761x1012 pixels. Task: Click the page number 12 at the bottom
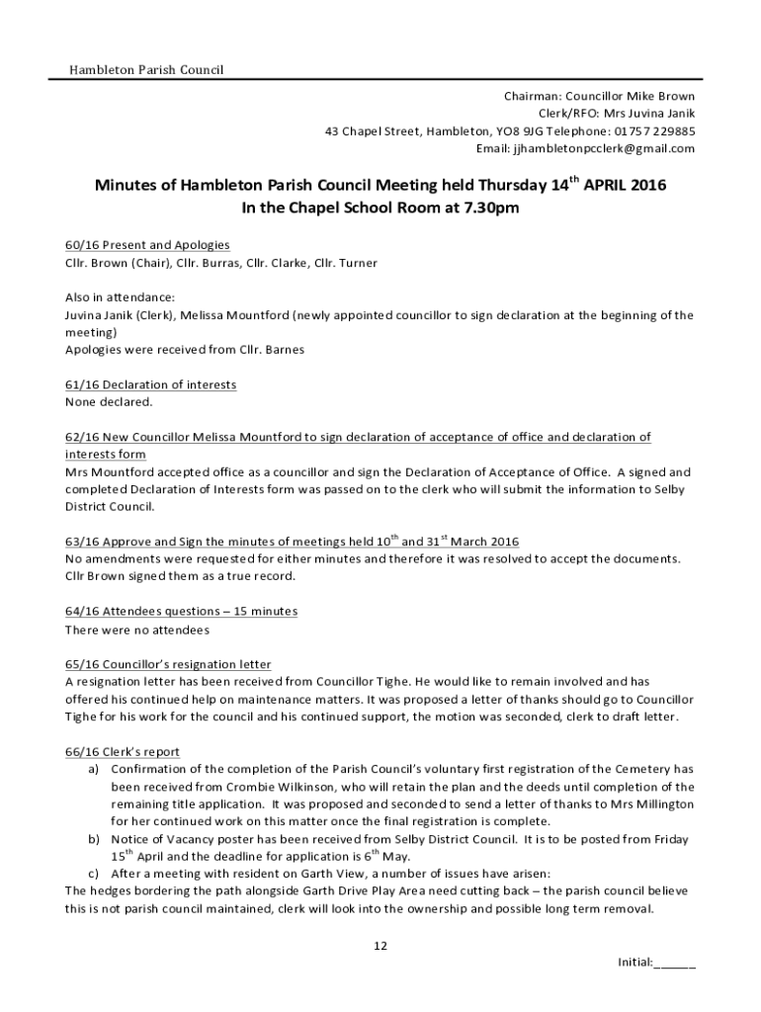[380, 946]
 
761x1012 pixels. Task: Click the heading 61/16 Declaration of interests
[150, 384]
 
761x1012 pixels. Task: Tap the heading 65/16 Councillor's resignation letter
[168, 664]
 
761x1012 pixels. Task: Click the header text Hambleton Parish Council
[145, 70]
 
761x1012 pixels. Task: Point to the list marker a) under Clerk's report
[93, 769]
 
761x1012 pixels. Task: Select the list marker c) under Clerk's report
[93, 874]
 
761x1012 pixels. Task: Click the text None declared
[109, 402]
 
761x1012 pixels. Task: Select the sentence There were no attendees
[137, 630]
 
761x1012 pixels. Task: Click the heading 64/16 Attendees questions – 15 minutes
[181, 612]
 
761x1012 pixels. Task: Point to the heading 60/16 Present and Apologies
[147, 245]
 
